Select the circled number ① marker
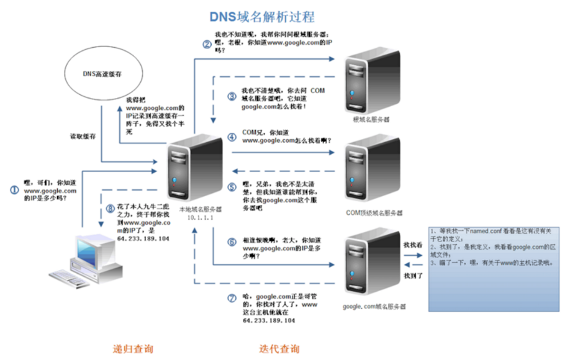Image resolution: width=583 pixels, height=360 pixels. [14, 190]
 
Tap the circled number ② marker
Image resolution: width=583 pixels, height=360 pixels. [207, 43]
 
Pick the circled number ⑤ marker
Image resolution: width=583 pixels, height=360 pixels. [232, 186]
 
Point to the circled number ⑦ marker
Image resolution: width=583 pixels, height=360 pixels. [232, 298]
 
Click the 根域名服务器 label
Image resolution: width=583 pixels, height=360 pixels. [371, 119]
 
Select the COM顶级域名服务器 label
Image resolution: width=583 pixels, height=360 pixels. [374, 212]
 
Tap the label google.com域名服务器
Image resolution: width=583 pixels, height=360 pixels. [374, 307]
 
